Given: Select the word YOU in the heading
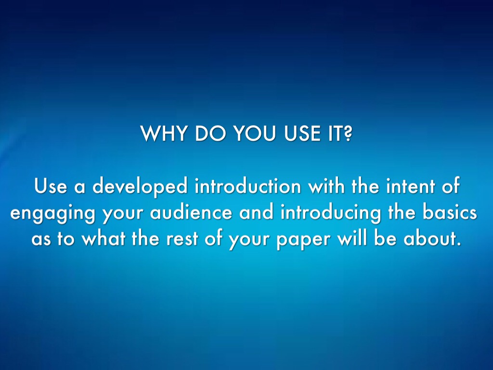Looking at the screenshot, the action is (x=255, y=133).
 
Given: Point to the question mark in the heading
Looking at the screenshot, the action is (x=347, y=133).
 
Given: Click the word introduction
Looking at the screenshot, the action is (x=248, y=186).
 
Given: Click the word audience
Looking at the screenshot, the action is (x=191, y=212).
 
